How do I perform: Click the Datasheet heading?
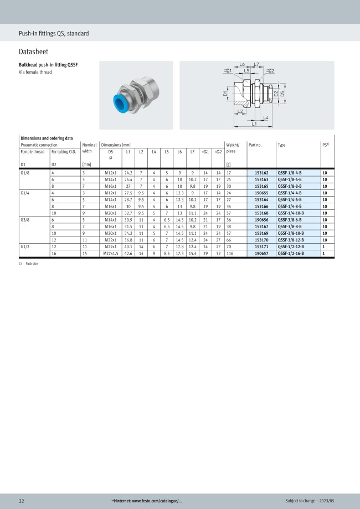pos(33,52)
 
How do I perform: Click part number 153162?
pos(261,173)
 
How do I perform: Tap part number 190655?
pos(261,193)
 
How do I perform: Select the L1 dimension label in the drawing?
pos(254,124)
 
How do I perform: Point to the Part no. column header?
pos(255,145)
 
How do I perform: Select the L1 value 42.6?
pos(128,253)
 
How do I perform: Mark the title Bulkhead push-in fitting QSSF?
pos(48,65)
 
